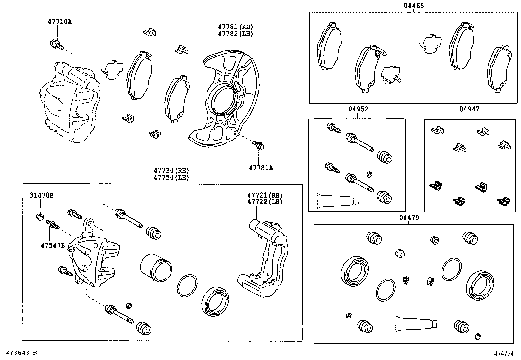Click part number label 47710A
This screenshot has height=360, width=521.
tap(60, 22)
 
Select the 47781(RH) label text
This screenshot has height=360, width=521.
tap(236, 27)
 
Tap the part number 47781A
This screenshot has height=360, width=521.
tap(261, 168)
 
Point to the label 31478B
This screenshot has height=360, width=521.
tap(42, 196)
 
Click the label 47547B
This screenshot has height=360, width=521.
tap(53, 245)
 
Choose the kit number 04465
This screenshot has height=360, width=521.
tap(414, 6)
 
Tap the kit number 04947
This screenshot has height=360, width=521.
tap(469, 109)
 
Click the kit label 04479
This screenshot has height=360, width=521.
tap(409, 218)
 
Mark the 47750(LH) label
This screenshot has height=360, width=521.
tap(171, 177)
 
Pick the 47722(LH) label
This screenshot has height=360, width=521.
tap(265, 202)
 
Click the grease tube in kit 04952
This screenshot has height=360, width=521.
tap(337, 199)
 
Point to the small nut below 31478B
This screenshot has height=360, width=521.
tap(40, 217)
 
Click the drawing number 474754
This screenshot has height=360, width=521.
tap(504, 353)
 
